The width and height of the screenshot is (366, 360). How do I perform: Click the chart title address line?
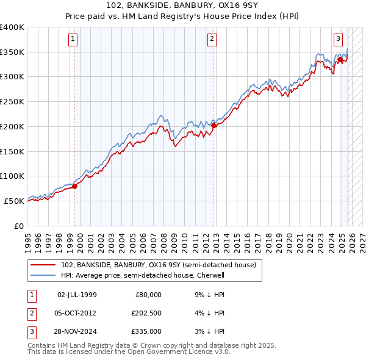coord(182,6)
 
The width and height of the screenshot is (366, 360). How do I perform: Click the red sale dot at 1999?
coord(75,187)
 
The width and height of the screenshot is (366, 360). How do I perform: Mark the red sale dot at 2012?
coord(214,126)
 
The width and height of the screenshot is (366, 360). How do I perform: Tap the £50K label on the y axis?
coord(14,201)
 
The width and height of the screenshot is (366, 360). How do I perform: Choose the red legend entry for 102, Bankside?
coord(161,265)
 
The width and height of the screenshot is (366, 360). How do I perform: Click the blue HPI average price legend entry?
coord(143,275)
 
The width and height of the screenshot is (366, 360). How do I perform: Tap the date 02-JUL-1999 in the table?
coord(77,295)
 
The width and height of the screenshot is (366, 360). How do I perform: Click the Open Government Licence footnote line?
coord(129,351)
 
